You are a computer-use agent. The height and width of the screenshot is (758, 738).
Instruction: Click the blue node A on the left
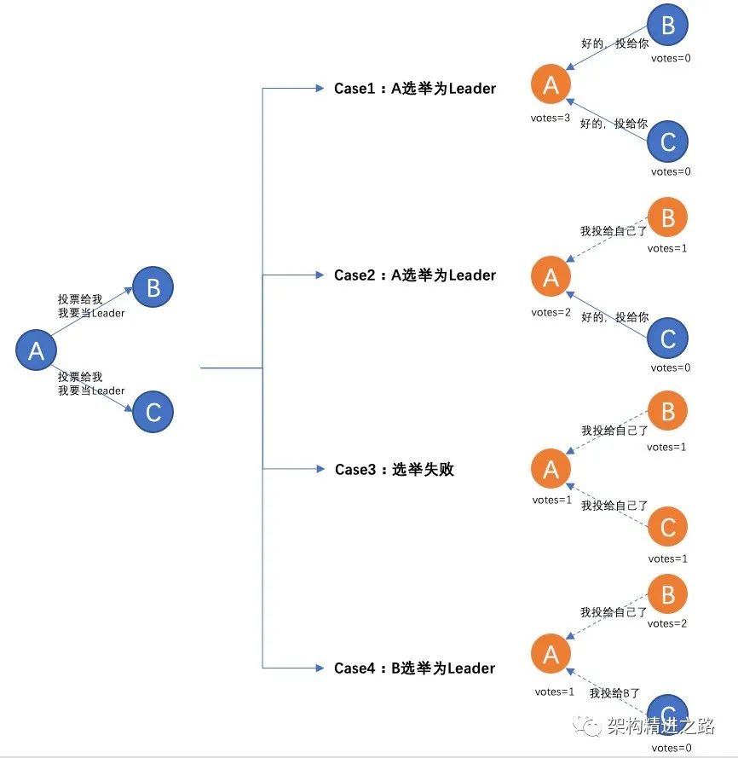coord(37,350)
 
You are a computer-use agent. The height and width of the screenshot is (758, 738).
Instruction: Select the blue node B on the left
coord(153,287)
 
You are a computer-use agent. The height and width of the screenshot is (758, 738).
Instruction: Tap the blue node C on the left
coord(153,412)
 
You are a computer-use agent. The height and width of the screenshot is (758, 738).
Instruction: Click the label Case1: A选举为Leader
coord(415,88)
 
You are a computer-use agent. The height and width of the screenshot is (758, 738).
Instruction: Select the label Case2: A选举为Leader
coord(415,275)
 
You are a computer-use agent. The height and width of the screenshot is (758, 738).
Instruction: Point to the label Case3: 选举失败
coord(395,469)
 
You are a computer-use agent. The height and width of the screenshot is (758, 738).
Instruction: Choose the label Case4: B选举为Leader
coord(415,668)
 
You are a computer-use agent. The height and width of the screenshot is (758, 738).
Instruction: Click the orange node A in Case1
coord(551,84)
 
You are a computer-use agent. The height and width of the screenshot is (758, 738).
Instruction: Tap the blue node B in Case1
coord(668,25)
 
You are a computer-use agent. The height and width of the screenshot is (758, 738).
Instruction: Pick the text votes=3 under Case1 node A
coord(551,118)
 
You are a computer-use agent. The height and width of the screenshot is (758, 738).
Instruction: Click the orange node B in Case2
coord(668,218)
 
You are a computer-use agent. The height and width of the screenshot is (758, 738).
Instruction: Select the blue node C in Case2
coord(668,338)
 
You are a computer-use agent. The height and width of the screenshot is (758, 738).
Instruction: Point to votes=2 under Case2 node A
coord(551,312)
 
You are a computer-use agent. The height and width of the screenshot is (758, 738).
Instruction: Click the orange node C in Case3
coord(668,528)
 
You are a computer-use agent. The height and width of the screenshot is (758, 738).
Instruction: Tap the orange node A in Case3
coord(551,468)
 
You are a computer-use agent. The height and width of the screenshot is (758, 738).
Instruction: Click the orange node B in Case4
coord(668,593)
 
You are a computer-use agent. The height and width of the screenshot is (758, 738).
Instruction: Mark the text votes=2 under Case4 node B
coord(667,624)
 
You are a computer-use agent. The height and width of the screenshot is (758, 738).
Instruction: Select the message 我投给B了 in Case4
coord(614,693)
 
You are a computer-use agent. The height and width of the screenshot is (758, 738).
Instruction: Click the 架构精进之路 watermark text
coord(660,726)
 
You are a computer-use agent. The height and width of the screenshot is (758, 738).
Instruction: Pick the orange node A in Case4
coord(551,654)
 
